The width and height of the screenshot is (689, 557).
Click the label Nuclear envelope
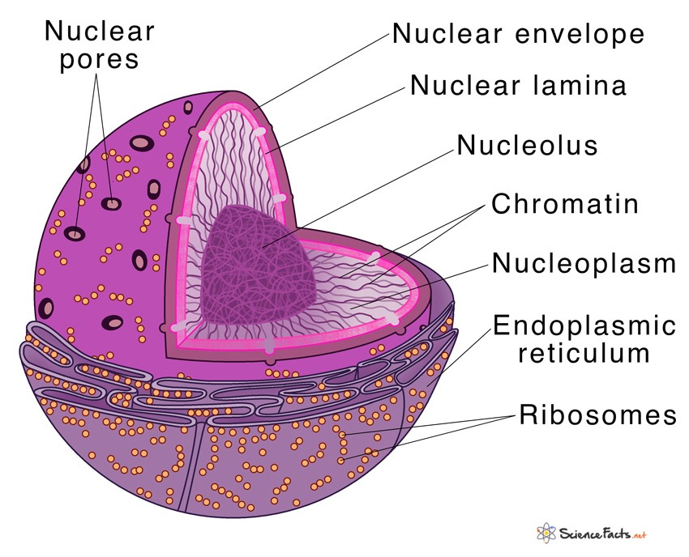pyautogui.click(x=519, y=34)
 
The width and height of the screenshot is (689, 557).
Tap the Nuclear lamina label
pyautogui.click(x=519, y=85)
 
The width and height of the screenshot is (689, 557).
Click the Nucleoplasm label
pyautogui.click(x=584, y=264)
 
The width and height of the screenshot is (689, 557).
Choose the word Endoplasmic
pyautogui.click(x=584, y=326)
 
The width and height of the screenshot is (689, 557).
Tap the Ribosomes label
pyautogui.click(x=597, y=415)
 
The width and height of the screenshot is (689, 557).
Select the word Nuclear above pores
pyautogui.click(x=99, y=31)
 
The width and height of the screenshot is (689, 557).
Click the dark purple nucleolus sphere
pyautogui.click(x=259, y=259)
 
